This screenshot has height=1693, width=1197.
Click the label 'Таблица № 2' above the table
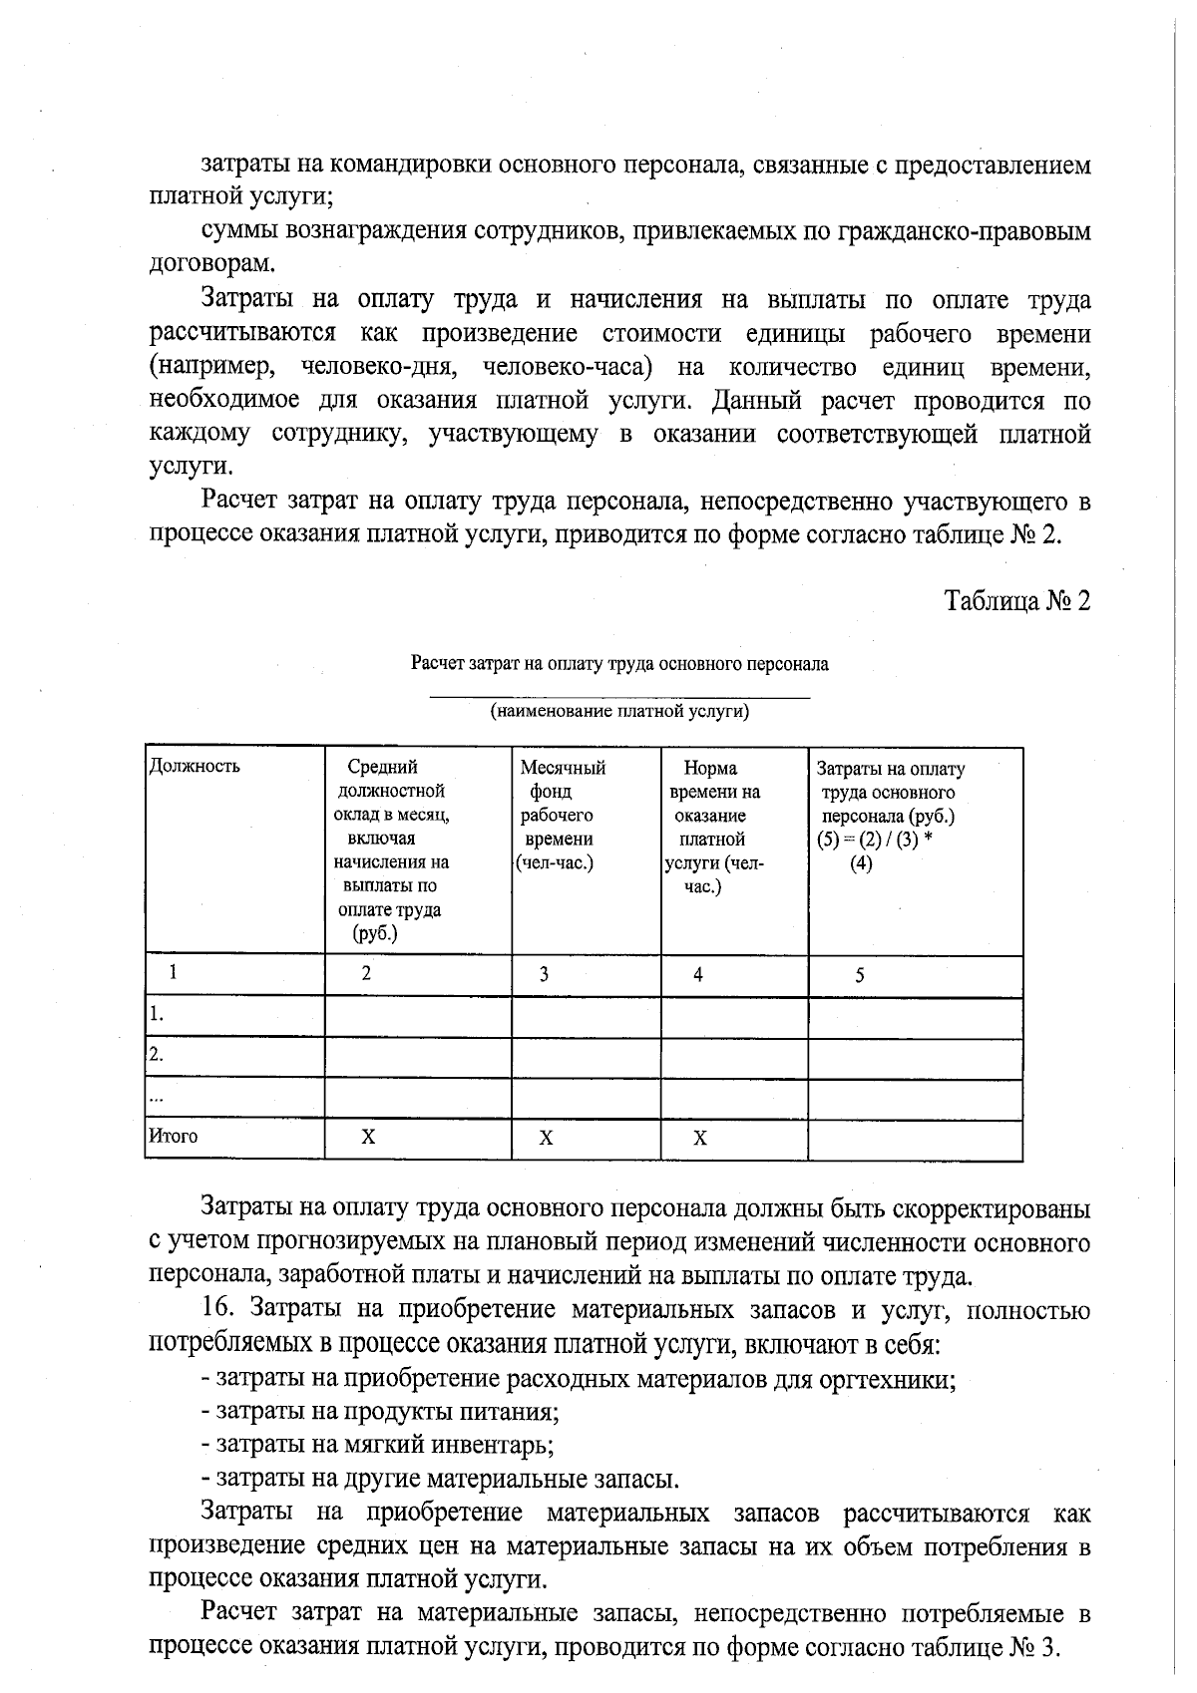[x=1017, y=601]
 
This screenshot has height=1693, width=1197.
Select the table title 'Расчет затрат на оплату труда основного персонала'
[x=619, y=664]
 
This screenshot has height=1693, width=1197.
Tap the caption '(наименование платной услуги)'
[x=619, y=712]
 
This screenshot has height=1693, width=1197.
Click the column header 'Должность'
[x=195, y=767]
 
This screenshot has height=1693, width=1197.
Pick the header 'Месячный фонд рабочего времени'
[x=562, y=815]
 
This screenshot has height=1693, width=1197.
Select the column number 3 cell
[x=544, y=975]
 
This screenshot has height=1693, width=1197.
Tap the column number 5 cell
[x=859, y=975]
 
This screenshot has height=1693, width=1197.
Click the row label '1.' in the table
[x=157, y=1015]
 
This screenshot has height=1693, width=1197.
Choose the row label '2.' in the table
[x=157, y=1055]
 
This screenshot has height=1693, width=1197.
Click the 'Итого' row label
[x=174, y=1136]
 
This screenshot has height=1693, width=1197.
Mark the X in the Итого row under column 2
[x=368, y=1137]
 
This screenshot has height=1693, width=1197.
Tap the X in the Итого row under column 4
[x=700, y=1138]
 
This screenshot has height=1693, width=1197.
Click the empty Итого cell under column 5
[x=914, y=1139]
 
